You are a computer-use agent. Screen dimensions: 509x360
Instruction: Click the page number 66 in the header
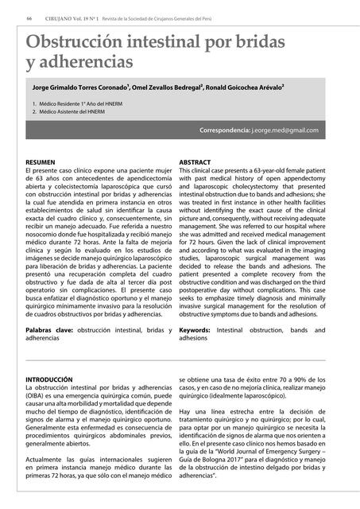point(29,18)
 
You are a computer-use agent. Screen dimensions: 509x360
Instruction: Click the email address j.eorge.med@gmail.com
point(285,130)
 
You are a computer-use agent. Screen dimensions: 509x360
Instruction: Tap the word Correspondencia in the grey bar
point(224,130)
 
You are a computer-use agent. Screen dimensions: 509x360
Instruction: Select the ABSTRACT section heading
point(195,162)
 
